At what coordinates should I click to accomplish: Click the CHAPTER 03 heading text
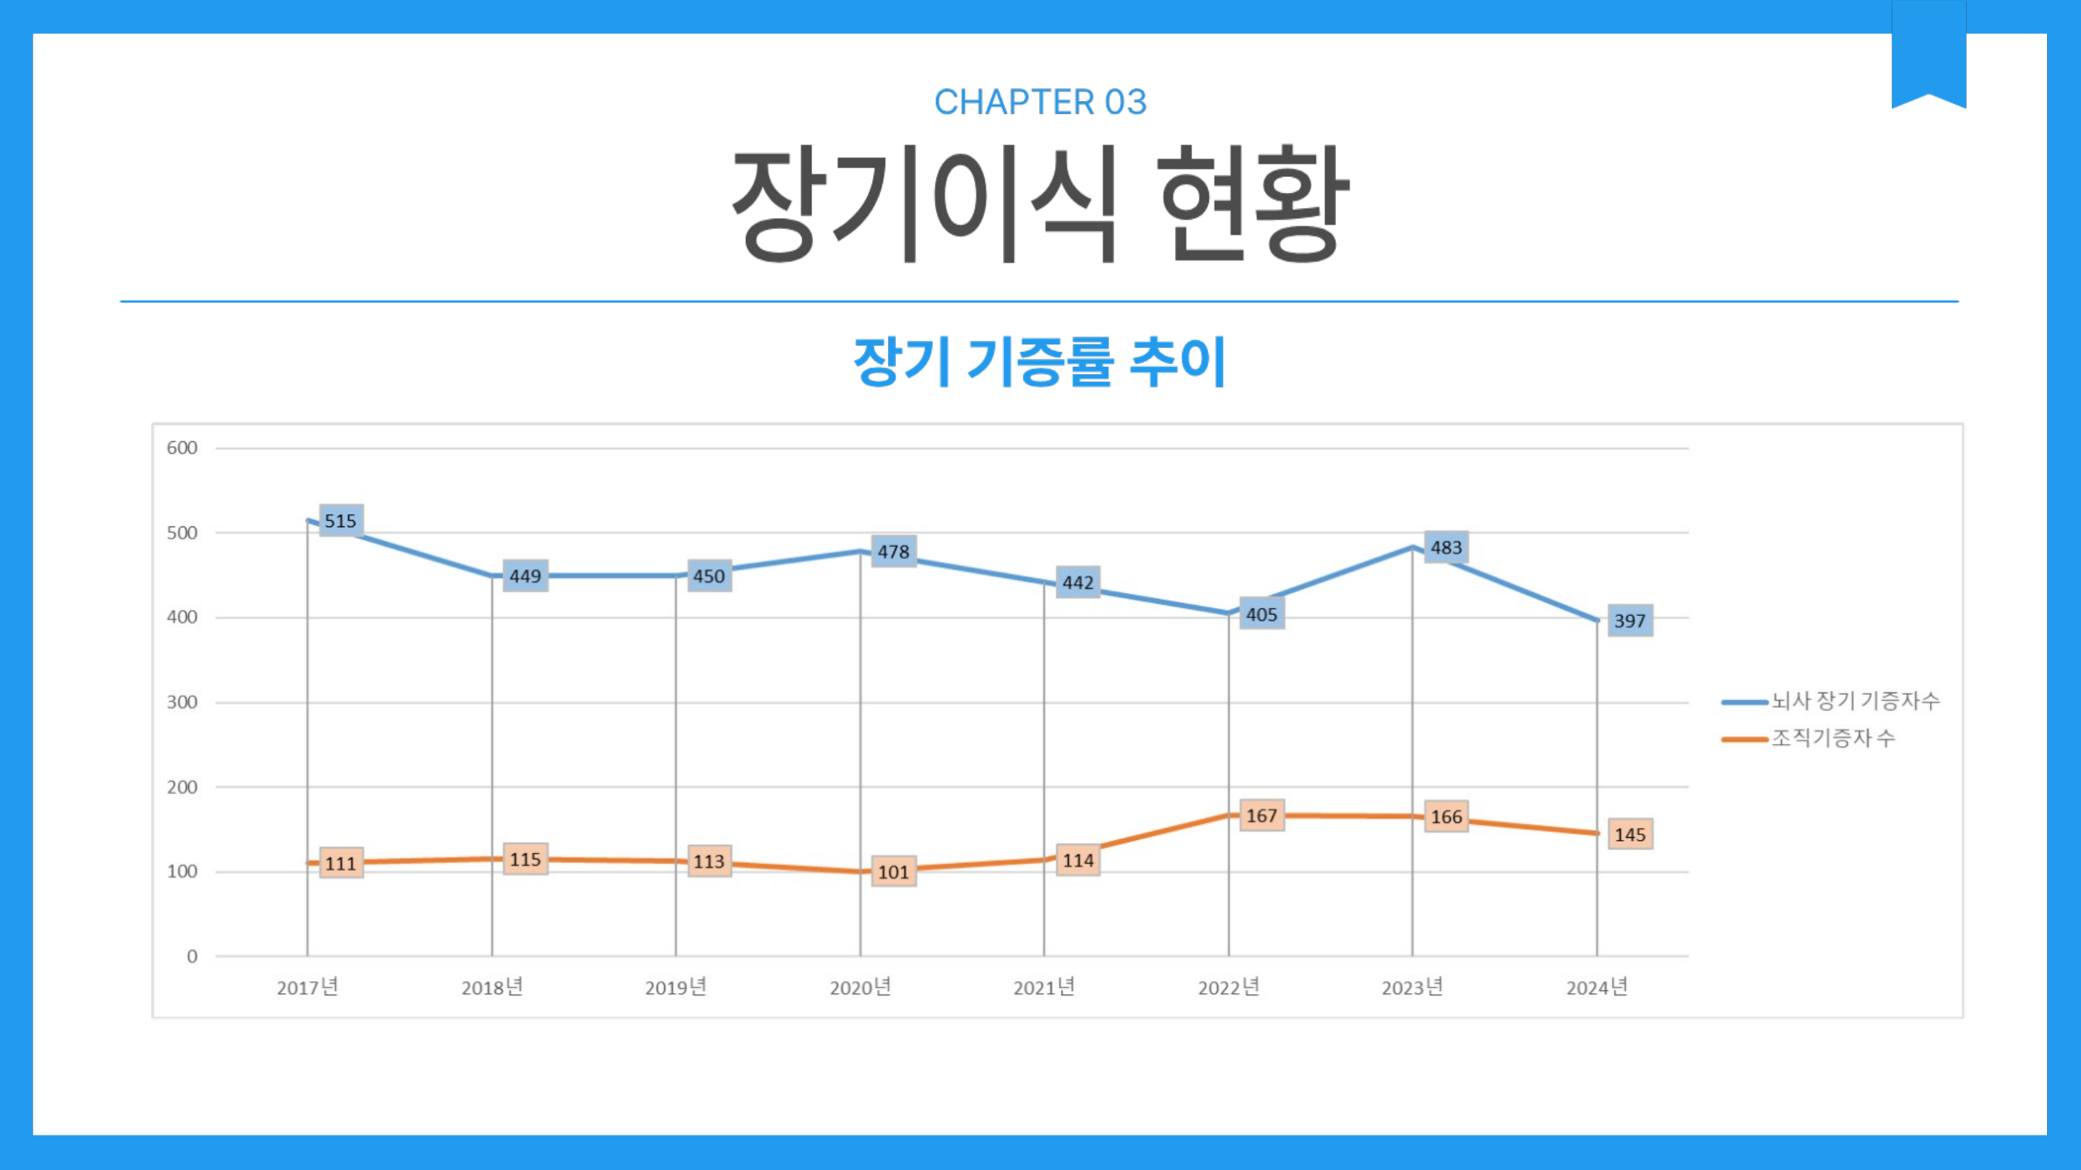point(1040,103)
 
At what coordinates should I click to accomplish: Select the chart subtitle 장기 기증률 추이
point(1040,361)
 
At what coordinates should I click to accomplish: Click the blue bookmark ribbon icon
point(1929,53)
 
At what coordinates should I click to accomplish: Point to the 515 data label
point(341,521)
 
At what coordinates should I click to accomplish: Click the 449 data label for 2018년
point(525,576)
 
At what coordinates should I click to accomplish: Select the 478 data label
point(894,552)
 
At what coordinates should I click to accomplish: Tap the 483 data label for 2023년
point(1446,547)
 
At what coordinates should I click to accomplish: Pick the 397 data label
point(1629,621)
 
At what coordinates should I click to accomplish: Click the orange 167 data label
point(1262,815)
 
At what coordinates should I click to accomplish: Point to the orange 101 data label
point(894,872)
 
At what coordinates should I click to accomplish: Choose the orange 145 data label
point(1629,835)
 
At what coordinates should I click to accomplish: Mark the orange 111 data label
point(341,864)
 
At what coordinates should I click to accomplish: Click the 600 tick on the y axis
point(182,448)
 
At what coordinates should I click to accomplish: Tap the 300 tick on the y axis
point(182,703)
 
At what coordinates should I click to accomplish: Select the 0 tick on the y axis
point(191,957)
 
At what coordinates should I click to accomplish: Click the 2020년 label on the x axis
point(861,987)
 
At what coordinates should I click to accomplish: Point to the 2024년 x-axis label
point(1597,987)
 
